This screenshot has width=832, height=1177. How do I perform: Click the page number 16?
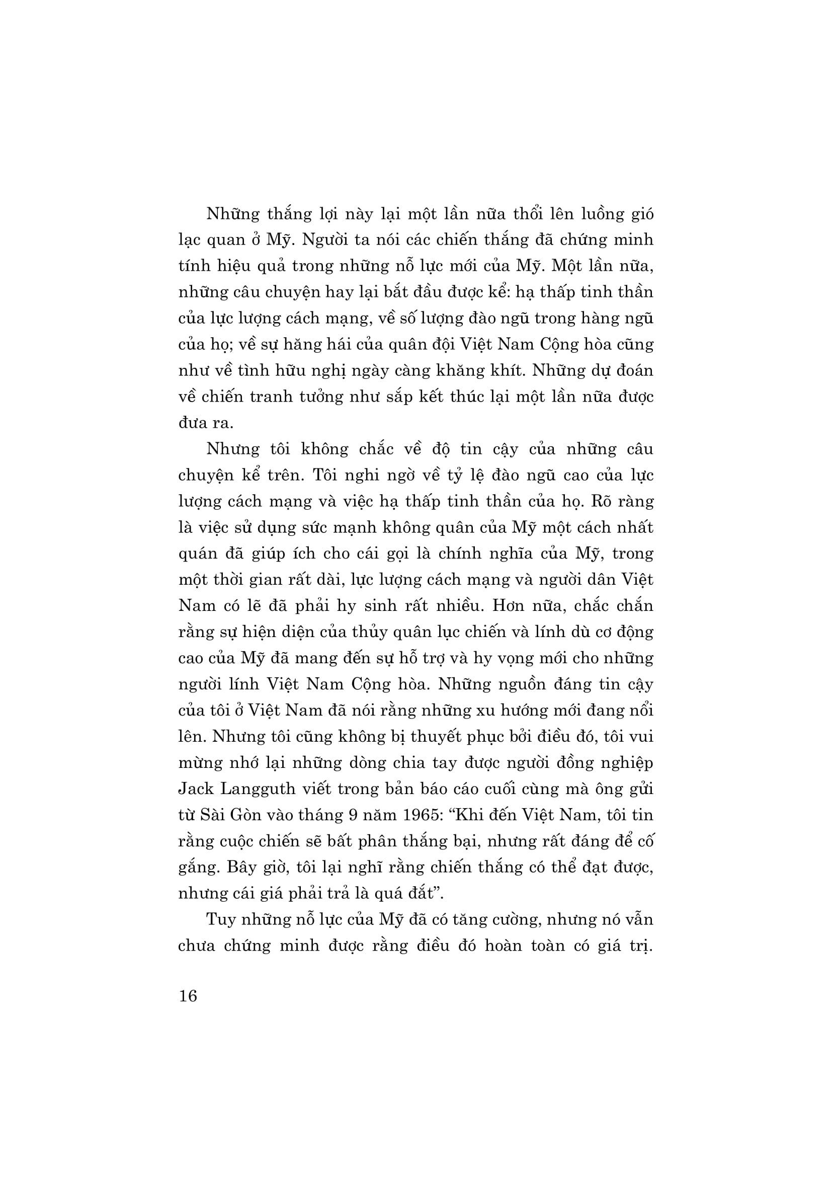coord(188,995)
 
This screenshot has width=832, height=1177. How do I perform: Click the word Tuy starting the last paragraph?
coord(219,919)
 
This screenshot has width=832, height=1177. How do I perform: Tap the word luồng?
coord(601,213)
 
